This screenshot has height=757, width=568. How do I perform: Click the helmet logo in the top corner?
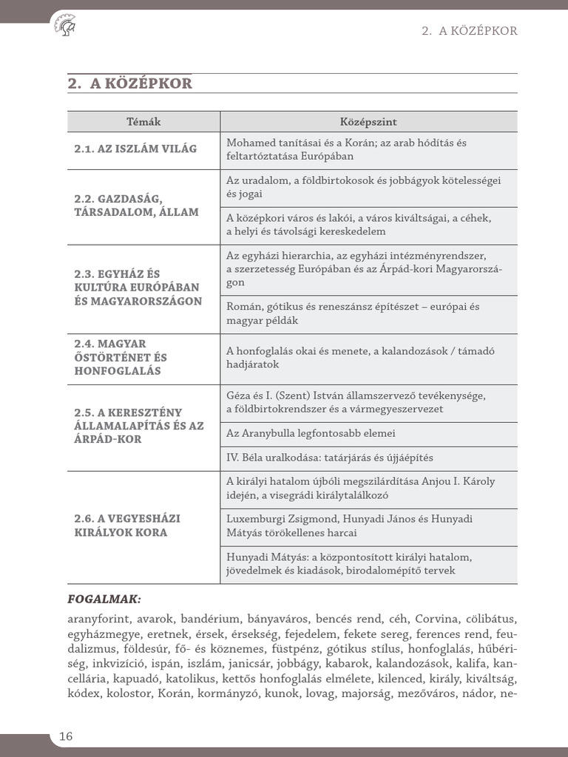[x=65, y=27]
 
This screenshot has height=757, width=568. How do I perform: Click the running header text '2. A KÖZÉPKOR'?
[x=469, y=31]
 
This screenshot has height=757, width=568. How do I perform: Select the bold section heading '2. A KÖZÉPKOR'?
[x=129, y=84]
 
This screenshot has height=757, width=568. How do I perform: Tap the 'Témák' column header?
[x=143, y=122]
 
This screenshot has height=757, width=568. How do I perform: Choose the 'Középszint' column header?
[x=368, y=122]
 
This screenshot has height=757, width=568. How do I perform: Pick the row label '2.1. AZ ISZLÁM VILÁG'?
[x=135, y=149]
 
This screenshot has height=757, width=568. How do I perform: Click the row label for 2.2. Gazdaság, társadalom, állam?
[x=136, y=206]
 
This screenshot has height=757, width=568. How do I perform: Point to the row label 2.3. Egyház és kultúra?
[x=138, y=288]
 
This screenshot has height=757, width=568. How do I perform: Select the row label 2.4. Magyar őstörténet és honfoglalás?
[x=121, y=357]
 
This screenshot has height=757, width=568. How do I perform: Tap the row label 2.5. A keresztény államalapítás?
[x=139, y=425]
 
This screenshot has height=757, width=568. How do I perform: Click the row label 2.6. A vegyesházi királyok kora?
[x=126, y=526]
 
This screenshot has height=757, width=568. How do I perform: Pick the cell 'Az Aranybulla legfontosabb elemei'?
[x=316, y=434]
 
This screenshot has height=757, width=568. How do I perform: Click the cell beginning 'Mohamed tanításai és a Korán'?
[x=346, y=149]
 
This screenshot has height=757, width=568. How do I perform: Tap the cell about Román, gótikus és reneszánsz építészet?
[x=353, y=314]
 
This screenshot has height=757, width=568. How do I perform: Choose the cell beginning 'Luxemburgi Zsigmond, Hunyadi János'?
[x=349, y=526]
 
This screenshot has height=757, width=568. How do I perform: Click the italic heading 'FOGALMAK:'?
[x=104, y=599]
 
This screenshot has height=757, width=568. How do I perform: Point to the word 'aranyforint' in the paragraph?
[x=99, y=619]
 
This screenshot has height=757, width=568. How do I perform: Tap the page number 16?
[x=66, y=736]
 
